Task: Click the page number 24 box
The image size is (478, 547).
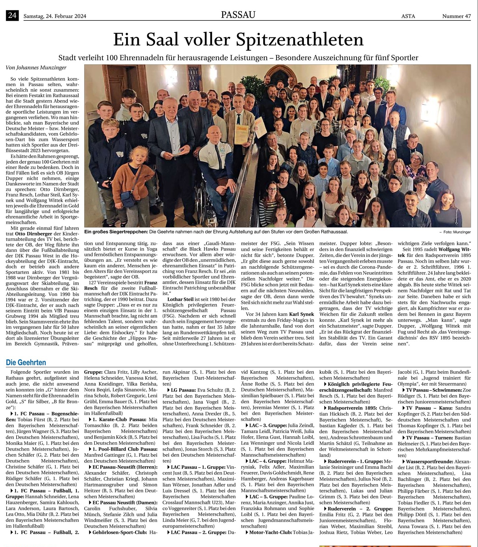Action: coord(12,15)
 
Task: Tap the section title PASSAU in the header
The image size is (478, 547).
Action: coord(238,15)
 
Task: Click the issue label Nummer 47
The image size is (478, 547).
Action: coord(456,16)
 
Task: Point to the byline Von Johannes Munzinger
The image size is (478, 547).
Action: coord(36,68)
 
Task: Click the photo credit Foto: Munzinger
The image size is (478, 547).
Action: coord(457,232)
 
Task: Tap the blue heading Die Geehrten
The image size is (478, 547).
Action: coord(26,363)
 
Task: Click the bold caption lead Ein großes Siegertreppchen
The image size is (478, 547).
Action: coord(116,232)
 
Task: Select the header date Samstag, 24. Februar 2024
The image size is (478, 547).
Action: coord(55,16)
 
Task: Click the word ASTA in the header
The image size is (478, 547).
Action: coord(408,16)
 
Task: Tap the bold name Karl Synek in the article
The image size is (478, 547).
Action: coord(301,314)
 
